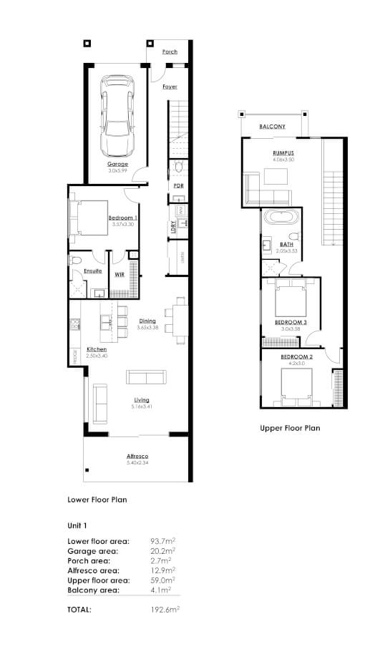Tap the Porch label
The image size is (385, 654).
(x=170, y=52)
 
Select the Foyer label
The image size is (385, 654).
(x=170, y=87)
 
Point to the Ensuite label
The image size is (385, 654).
(x=92, y=271)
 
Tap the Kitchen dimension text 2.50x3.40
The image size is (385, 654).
(x=97, y=356)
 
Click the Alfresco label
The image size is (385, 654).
(x=137, y=456)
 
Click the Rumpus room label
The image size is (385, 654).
(x=283, y=153)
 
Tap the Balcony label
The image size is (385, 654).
(x=272, y=127)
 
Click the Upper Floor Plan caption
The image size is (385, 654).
(x=289, y=429)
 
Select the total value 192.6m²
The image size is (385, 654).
(x=164, y=610)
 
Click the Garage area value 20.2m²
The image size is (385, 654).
(x=163, y=551)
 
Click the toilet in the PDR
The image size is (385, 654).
(x=178, y=169)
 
